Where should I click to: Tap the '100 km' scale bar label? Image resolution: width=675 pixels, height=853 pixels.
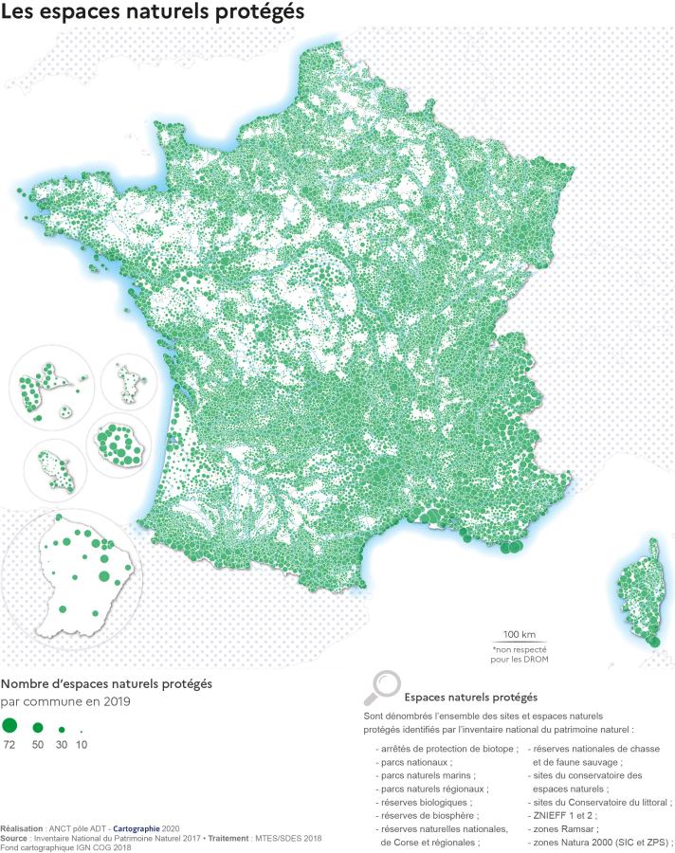click(x=520, y=633)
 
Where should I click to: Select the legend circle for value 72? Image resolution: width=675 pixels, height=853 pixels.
click(x=10, y=726)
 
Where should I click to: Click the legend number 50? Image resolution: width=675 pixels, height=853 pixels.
click(x=38, y=746)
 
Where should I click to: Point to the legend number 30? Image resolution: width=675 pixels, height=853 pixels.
click(x=61, y=746)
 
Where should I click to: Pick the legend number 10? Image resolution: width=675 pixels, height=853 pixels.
click(x=82, y=746)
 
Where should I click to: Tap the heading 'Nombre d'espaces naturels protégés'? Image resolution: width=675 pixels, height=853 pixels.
click(x=106, y=683)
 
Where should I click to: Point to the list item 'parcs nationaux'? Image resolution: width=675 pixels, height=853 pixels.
click(x=414, y=761)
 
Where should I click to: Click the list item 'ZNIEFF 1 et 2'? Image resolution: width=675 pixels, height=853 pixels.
click(x=566, y=815)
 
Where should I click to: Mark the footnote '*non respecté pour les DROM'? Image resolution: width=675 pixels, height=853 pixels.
click(x=520, y=654)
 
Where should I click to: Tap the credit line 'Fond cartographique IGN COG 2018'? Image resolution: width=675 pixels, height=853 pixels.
click(x=65, y=847)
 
